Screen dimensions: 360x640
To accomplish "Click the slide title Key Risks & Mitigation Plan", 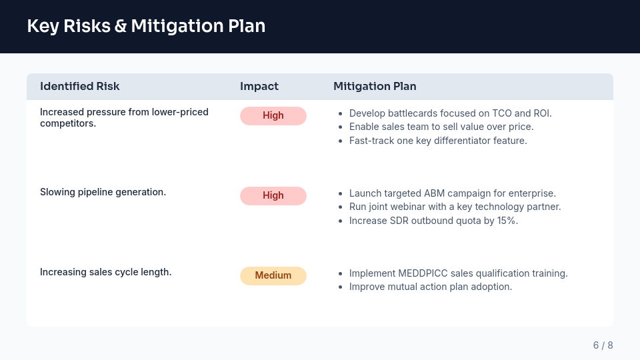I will (x=146, y=26).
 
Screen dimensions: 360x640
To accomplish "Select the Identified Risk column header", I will (x=80, y=86).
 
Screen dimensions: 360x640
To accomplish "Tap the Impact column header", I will (x=259, y=86).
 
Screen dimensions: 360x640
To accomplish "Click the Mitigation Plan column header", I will (x=375, y=86).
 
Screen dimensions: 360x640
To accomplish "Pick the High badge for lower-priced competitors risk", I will (x=273, y=115).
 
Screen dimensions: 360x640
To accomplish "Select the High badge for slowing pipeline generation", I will (x=273, y=195).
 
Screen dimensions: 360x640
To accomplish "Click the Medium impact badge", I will (x=273, y=275).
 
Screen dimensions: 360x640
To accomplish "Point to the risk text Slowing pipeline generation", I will (x=103, y=192).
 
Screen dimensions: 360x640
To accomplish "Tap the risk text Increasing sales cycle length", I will (x=105, y=272).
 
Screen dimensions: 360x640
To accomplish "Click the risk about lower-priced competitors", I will (x=124, y=117).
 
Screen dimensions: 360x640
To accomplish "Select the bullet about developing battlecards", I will (x=450, y=113).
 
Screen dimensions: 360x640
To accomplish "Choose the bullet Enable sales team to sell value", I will (x=441, y=127).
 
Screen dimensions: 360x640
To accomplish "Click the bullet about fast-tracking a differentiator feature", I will (x=438, y=141).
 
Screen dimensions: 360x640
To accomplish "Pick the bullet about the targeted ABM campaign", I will (x=452, y=193).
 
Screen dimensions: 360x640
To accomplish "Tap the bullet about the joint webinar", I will (x=455, y=207).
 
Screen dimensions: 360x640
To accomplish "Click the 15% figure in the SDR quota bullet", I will (x=507, y=221).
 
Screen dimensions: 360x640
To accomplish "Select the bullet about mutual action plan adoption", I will (x=430, y=287).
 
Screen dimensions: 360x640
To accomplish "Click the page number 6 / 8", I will (x=603, y=345).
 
